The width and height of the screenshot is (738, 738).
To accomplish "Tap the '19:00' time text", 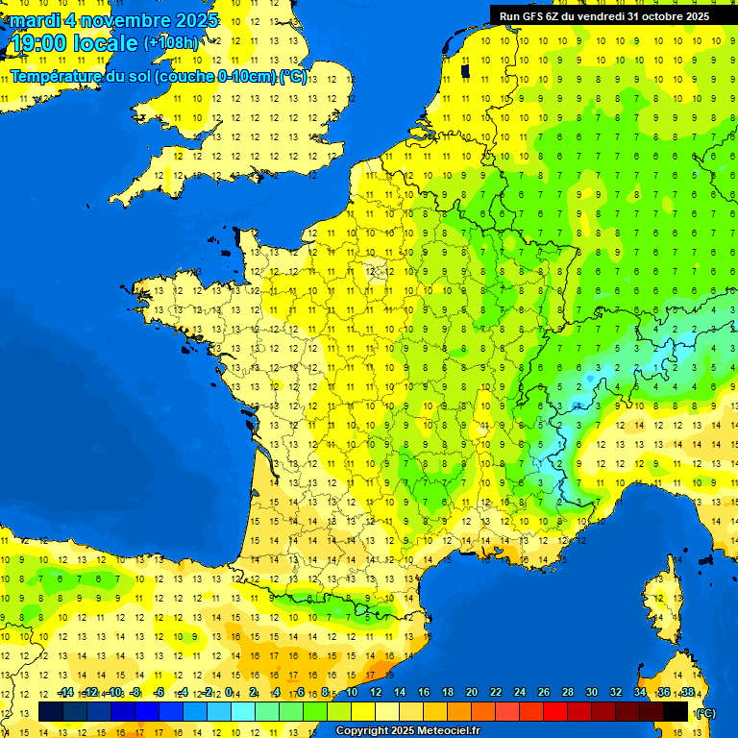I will tap(38, 43).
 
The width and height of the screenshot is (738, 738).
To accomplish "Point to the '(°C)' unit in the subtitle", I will tap(293, 76).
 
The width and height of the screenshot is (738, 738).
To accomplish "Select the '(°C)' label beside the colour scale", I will tap(704, 712).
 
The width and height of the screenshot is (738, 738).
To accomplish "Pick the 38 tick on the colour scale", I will tap(687, 692).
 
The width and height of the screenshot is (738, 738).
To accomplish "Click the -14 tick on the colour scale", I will tap(65, 692).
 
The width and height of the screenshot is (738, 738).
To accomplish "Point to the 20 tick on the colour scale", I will tap(472, 692).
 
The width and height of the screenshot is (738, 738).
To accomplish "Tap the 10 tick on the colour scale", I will tap(352, 692).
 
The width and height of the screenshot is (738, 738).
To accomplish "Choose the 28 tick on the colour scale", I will tap(567, 692).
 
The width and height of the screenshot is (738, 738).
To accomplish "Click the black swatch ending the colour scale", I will tap(676, 711).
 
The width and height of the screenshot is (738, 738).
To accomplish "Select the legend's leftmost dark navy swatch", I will tap(51, 711).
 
